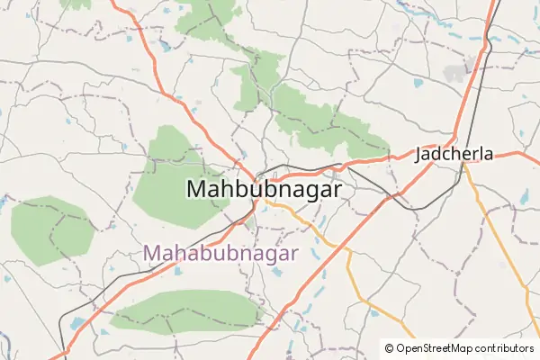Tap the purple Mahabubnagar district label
(220, 253)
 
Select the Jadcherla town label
(454, 154)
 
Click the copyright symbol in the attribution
(389, 347)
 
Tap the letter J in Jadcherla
(419, 154)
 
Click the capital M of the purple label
(153, 253)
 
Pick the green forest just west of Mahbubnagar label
(171, 175)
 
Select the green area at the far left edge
(51, 229)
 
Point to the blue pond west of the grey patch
(418, 84)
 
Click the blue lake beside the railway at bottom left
(77, 321)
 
